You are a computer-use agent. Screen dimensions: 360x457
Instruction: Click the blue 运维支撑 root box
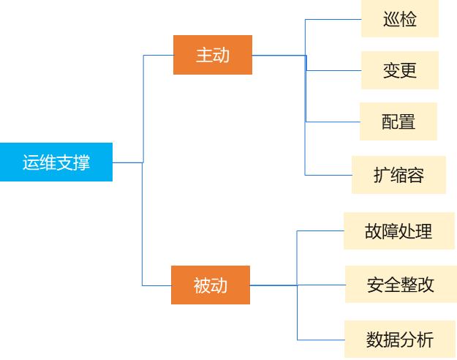tap(56, 162)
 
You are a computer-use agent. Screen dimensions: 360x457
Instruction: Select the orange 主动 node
tap(213, 55)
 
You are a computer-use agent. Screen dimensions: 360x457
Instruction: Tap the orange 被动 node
tap(211, 285)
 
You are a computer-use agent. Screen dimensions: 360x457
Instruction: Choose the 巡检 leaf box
tap(400, 19)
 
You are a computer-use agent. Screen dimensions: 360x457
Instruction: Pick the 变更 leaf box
tap(400, 70)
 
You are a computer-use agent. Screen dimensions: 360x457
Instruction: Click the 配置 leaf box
tap(399, 121)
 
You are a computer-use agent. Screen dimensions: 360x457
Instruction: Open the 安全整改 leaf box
tap(400, 285)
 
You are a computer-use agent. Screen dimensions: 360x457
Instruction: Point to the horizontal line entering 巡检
tap(333, 20)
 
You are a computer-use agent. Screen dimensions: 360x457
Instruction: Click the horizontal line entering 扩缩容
tap(328, 175)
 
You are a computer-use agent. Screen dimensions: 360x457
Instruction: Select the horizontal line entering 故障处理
tap(320, 231)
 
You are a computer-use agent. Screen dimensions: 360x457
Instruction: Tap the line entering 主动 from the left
tap(158, 56)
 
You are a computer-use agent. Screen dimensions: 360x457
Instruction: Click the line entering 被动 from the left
tap(156, 285)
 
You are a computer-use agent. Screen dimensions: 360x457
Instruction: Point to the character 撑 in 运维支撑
tap(82, 162)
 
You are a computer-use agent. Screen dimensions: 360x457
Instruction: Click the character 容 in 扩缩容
tap(416, 175)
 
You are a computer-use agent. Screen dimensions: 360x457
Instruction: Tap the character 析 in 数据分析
tap(425, 340)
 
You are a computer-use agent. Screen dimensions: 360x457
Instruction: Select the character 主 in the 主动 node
tap(204, 55)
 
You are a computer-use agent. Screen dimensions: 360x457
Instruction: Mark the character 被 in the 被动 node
tap(202, 285)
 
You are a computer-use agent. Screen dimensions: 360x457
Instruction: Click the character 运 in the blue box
tap(31, 162)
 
